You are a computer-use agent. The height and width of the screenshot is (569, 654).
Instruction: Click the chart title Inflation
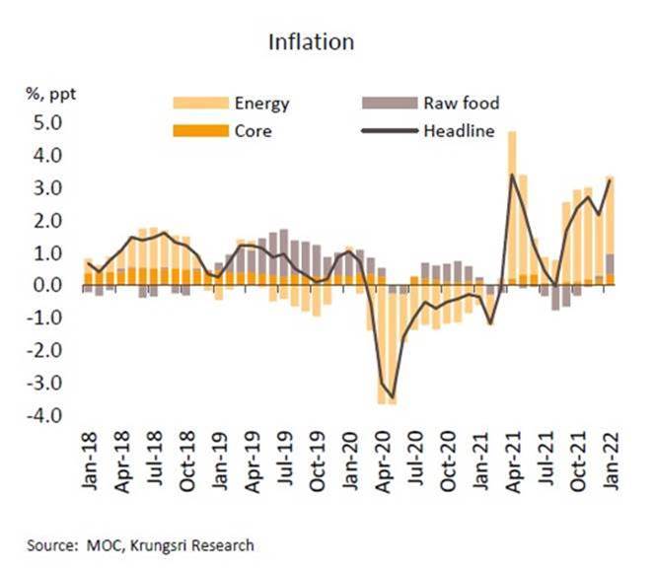pos(311,42)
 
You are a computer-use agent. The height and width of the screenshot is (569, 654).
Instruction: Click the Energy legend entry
pos(261,103)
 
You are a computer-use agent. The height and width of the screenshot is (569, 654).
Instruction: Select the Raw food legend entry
pos(462,103)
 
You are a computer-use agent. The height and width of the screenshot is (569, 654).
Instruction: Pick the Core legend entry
pos(253,129)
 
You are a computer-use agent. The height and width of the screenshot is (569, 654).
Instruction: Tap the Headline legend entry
pos(459,129)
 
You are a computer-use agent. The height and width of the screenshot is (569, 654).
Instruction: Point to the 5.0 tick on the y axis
pos(49,123)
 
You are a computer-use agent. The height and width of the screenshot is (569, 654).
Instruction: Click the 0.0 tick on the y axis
pos(49,286)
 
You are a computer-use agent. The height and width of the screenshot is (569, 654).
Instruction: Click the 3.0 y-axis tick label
pos(49,188)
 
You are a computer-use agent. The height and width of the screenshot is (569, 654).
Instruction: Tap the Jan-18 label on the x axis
pos(88,464)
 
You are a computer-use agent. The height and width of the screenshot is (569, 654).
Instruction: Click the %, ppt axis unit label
pos(50,95)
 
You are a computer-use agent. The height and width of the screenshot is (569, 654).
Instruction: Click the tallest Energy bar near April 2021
pos(512,197)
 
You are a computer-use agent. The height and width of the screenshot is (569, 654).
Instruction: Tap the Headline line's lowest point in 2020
pos(393,396)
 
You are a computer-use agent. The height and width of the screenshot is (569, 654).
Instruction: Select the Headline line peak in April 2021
pos(512,176)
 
